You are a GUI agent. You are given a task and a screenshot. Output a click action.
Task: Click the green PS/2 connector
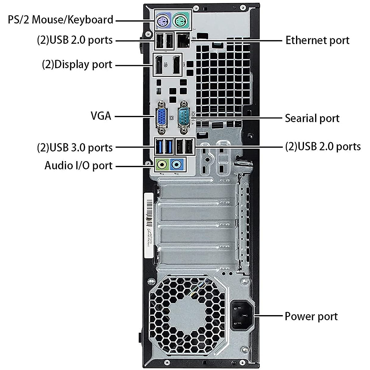[x=181, y=21]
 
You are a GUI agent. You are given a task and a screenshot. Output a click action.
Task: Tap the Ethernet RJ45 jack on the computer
[x=183, y=40]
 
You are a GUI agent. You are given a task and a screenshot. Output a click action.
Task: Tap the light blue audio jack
[x=177, y=165]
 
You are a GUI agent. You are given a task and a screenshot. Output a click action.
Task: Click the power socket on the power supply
[x=242, y=315]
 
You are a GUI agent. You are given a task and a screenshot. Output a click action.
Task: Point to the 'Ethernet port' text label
[x=317, y=40]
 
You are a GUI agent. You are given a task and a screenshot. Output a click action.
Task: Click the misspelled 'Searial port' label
[x=312, y=118]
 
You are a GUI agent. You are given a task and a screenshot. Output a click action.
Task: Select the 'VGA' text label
[x=101, y=116]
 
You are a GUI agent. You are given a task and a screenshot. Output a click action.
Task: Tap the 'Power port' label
[x=311, y=316]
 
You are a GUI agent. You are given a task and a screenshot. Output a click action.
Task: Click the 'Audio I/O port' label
[x=78, y=166]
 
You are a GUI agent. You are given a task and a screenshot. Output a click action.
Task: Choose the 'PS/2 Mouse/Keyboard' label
[x=60, y=20]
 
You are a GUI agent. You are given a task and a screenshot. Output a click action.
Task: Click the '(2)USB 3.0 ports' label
[x=75, y=147]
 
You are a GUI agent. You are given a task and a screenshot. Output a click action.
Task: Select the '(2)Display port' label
[x=77, y=65]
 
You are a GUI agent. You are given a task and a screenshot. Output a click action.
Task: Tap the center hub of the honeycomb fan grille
[x=188, y=314]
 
